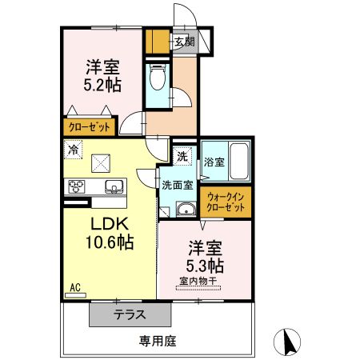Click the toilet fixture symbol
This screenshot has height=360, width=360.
coord(158,77)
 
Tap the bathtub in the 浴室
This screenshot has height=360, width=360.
coord(239,162)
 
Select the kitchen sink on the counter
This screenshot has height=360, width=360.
coord(114,186)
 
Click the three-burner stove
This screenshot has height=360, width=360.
coord(77,186)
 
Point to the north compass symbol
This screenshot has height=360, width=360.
coord(287,342)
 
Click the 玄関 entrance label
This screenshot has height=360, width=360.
coord(185,42)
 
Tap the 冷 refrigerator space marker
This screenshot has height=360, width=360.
coord(73,150)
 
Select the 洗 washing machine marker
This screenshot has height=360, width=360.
coord(182,156)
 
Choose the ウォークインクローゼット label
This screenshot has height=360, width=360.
coord(226,202)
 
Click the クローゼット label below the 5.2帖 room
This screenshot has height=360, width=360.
coord(90,127)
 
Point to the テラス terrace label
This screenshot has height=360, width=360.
coord(130,314)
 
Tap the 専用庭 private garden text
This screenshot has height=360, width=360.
coord(158,341)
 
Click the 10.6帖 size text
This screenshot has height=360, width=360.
coord(110,242)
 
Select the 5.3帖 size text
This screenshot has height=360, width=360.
coord(205,266)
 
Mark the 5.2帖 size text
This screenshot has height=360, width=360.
coord(102,85)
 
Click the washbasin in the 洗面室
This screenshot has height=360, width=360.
coord(186,209)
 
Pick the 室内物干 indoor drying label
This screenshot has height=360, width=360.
coord(198,281)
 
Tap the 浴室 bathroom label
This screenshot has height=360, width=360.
coord(214,162)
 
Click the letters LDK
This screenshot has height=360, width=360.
coord(110,224)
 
